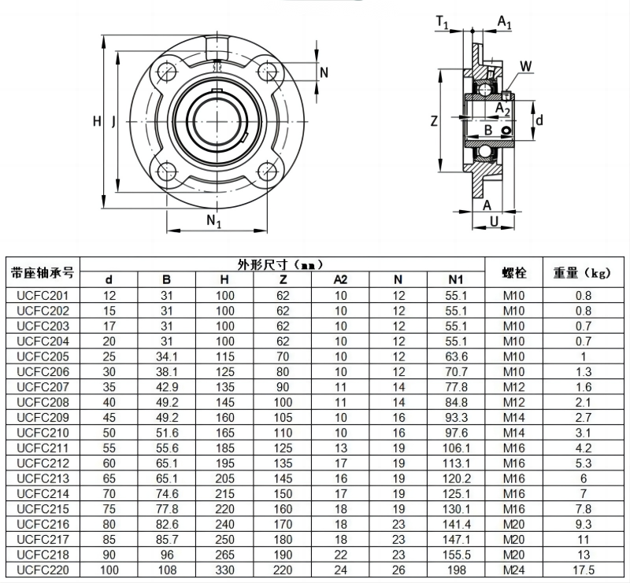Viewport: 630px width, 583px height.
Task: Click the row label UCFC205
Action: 43,356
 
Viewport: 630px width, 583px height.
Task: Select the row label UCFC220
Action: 43,570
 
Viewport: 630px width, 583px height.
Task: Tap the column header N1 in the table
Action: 456,279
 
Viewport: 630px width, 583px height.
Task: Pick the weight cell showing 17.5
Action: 583,570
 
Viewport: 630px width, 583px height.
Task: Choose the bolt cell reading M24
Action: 514,570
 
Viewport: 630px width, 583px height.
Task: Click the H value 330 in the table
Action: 224,570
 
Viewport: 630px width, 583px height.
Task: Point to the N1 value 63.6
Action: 456,356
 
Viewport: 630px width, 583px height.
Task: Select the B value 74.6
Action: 166,493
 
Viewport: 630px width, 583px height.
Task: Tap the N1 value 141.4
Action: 456,524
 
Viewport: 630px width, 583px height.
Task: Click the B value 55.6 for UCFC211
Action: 166,448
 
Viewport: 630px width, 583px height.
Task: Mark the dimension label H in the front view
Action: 97,121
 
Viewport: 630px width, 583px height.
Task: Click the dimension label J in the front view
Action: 113,121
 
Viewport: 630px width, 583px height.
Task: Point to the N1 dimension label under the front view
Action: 213,222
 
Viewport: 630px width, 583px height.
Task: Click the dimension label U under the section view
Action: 494,222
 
